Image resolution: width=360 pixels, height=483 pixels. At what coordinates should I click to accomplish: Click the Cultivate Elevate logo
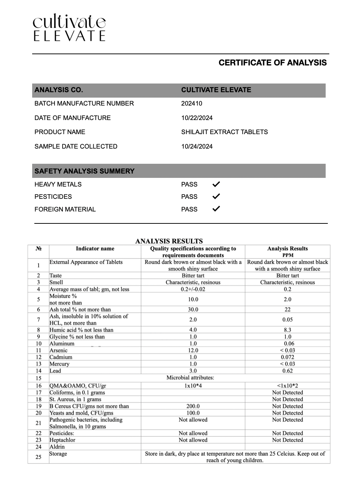69,27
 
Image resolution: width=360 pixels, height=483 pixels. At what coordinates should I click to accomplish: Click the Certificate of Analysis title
272,63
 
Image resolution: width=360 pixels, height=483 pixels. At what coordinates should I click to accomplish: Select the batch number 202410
192,103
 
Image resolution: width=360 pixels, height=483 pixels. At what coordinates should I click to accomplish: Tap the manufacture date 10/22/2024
197,118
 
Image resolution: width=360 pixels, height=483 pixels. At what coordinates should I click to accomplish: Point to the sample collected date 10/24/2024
197,146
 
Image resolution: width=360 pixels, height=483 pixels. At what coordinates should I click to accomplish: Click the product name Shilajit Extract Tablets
224,132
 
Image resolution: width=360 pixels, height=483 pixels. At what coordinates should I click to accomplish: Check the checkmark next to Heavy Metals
216,184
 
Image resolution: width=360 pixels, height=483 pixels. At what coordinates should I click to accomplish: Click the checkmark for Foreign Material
216,209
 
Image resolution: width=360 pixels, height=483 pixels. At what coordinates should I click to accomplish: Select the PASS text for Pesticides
189,197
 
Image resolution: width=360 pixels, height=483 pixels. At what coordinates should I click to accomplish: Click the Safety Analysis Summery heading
84,171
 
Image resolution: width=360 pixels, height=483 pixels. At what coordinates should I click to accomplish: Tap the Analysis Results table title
169,241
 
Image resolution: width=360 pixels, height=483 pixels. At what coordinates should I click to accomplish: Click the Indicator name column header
95,249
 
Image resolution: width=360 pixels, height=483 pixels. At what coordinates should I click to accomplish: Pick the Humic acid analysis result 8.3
287,330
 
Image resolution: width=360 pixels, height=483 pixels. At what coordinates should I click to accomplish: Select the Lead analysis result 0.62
287,371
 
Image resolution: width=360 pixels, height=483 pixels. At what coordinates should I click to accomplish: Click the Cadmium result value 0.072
287,357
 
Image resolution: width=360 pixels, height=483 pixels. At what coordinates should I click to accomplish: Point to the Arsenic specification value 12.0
193,350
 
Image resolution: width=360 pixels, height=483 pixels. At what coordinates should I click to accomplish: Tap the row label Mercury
59,364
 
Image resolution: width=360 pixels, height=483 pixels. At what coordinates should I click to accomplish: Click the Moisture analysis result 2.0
287,299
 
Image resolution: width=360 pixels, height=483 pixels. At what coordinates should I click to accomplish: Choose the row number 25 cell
38,457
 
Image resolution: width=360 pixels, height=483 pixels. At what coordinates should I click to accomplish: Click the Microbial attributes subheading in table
190,378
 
